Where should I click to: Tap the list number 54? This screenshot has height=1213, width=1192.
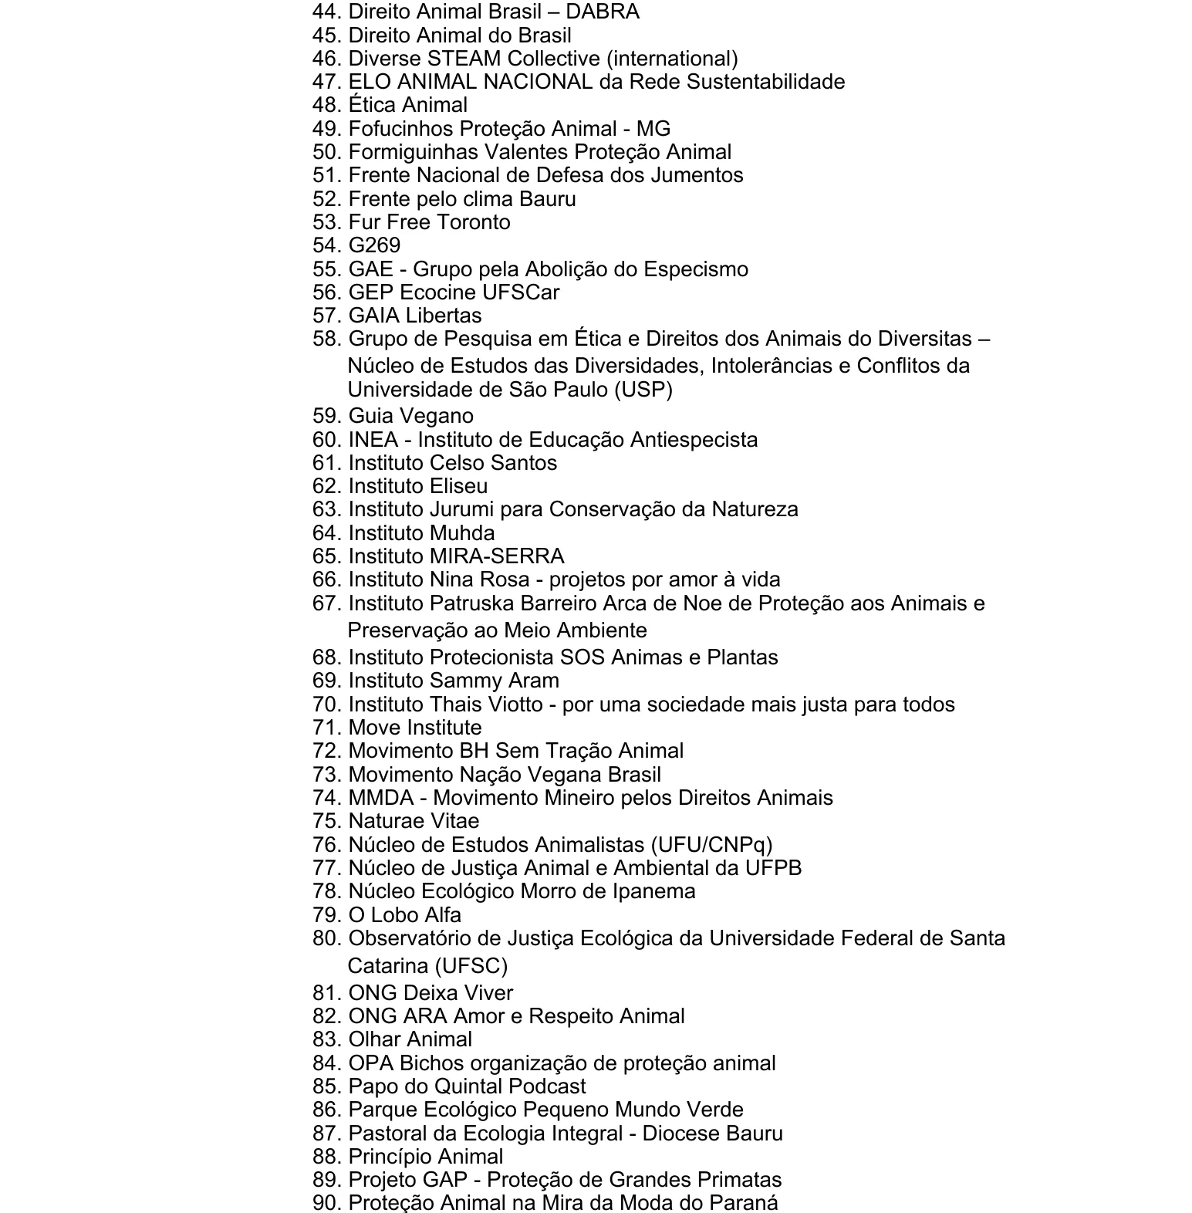(x=326, y=245)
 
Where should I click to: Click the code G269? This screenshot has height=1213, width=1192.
(x=374, y=245)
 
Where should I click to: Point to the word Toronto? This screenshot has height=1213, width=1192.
(x=471, y=222)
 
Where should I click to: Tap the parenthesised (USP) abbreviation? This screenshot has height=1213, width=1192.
(x=643, y=390)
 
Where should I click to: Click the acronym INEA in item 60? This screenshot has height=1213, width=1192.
(x=373, y=440)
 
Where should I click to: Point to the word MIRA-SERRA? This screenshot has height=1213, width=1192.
(x=498, y=556)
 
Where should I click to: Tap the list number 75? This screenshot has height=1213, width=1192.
(x=326, y=821)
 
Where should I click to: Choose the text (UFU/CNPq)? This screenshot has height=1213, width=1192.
(x=711, y=845)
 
